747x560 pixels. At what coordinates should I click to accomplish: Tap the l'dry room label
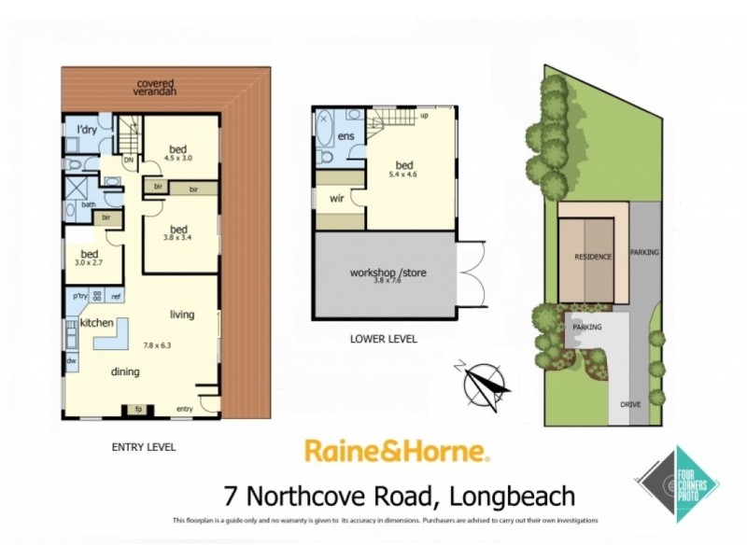click(87, 129)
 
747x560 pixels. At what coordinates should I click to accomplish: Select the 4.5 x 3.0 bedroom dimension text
click(177, 158)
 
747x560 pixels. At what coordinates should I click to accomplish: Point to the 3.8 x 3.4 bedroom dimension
click(178, 238)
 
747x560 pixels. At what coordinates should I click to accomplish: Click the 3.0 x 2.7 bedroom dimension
click(90, 264)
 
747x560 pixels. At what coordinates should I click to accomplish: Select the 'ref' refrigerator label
click(116, 298)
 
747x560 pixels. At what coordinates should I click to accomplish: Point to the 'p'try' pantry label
click(81, 298)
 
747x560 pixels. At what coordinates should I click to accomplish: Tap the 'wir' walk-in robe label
click(337, 198)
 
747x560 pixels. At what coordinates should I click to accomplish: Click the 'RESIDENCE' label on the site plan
click(593, 257)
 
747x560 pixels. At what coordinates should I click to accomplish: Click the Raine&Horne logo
click(397, 453)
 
